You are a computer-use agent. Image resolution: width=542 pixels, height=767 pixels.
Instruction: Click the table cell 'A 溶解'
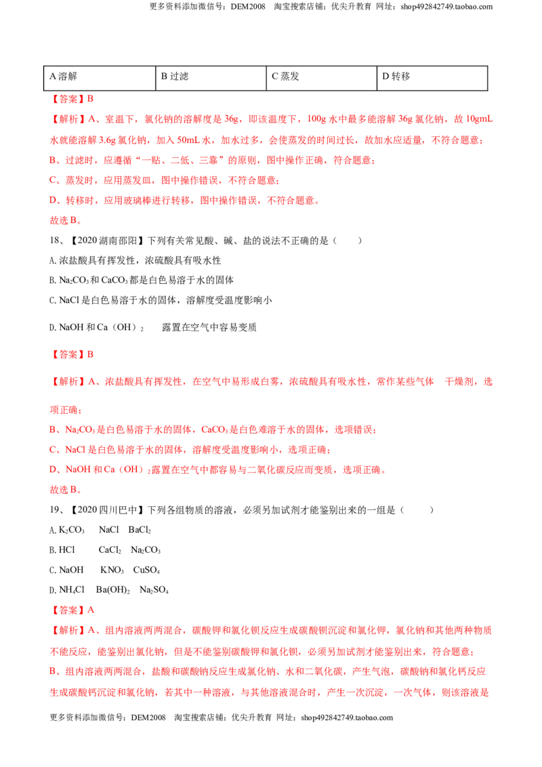pyautogui.click(x=100, y=79)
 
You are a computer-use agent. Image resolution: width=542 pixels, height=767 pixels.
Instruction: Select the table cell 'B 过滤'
pyautogui.click(x=211, y=79)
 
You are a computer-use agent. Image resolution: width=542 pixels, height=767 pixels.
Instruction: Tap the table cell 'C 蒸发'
pyautogui.click(x=321, y=79)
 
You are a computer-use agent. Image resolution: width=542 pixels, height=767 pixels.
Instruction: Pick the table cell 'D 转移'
pyautogui.click(x=432, y=79)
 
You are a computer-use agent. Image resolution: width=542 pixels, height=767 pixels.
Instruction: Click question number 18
pyautogui.click(x=56, y=241)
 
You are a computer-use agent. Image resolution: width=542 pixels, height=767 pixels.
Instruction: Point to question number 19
pyautogui.click(x=56, y=510)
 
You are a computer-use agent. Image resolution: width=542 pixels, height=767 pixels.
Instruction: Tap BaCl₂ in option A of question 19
pyautogui.click(x=140, y=531)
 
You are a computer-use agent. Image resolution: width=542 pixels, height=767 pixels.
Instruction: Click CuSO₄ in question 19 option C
pyautogui.click(x=146, y=571)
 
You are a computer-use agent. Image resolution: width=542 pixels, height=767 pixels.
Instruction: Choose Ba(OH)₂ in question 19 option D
pyautogui.click(x=113, y=590)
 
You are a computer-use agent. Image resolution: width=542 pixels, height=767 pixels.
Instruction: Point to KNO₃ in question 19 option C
pyautogui.click(x=112, y=571)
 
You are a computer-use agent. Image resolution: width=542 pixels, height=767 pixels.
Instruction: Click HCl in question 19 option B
pyautogui.click(x=66, y=550)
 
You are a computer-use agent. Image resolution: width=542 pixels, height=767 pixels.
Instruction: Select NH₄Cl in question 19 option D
pyautogui.click(x=71, y=590)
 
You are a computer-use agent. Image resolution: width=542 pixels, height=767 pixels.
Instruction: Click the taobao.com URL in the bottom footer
pyautogui.click(x=347, y=718)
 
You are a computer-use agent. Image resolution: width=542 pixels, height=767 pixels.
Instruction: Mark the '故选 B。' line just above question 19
pyautogui.click(x=66, y=490)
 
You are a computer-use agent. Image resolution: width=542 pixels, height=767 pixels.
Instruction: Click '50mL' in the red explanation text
pyautogui.click(x=188, y=140)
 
